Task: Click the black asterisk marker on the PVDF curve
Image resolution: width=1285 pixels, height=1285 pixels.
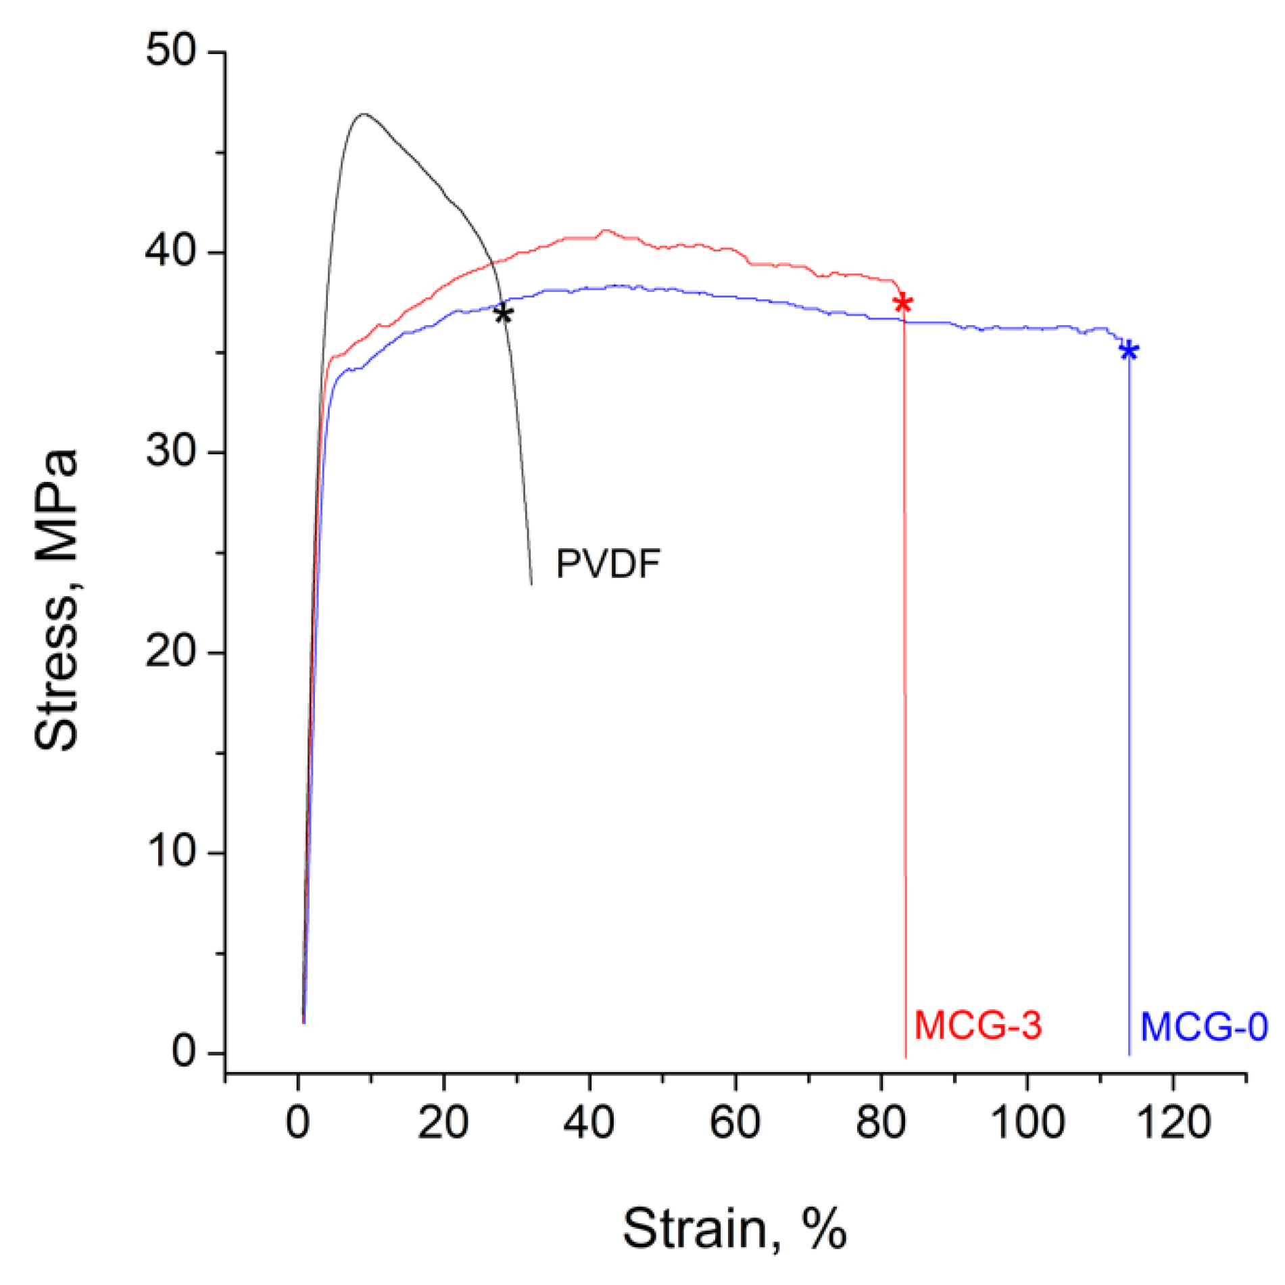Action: click(503, 314)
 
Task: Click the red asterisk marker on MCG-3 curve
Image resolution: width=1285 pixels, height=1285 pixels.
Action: click(902, 303)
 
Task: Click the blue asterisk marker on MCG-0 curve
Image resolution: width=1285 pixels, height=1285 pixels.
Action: click(1128, 350)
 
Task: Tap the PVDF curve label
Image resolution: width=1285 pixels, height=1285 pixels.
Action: click(607, 563)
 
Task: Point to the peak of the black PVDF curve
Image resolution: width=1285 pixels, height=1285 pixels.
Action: click(364, 114)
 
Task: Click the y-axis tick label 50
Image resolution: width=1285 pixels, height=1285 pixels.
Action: click(170, 50)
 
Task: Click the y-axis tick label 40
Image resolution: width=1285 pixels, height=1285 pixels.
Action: click(170, 251)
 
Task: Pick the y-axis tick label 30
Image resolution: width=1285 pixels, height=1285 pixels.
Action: click(170, 451)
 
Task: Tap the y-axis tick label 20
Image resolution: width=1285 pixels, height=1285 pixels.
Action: click(170, 651)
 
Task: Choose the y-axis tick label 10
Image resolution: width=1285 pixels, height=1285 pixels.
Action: click(170, 851)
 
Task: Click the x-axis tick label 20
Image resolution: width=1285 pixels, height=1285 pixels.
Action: click(443, 1123)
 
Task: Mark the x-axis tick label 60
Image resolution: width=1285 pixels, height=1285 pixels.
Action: click(735, 1123)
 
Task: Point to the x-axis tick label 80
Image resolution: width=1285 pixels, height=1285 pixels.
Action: click(881, 1123)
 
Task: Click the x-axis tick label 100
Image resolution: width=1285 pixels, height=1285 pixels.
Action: click(1027, 1123)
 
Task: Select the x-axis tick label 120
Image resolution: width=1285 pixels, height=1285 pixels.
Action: click(1173, 1123)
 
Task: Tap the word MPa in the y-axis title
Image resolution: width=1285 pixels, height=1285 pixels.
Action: click(57, 504)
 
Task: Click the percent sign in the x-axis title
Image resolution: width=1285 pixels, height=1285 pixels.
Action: click(824, 1228)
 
